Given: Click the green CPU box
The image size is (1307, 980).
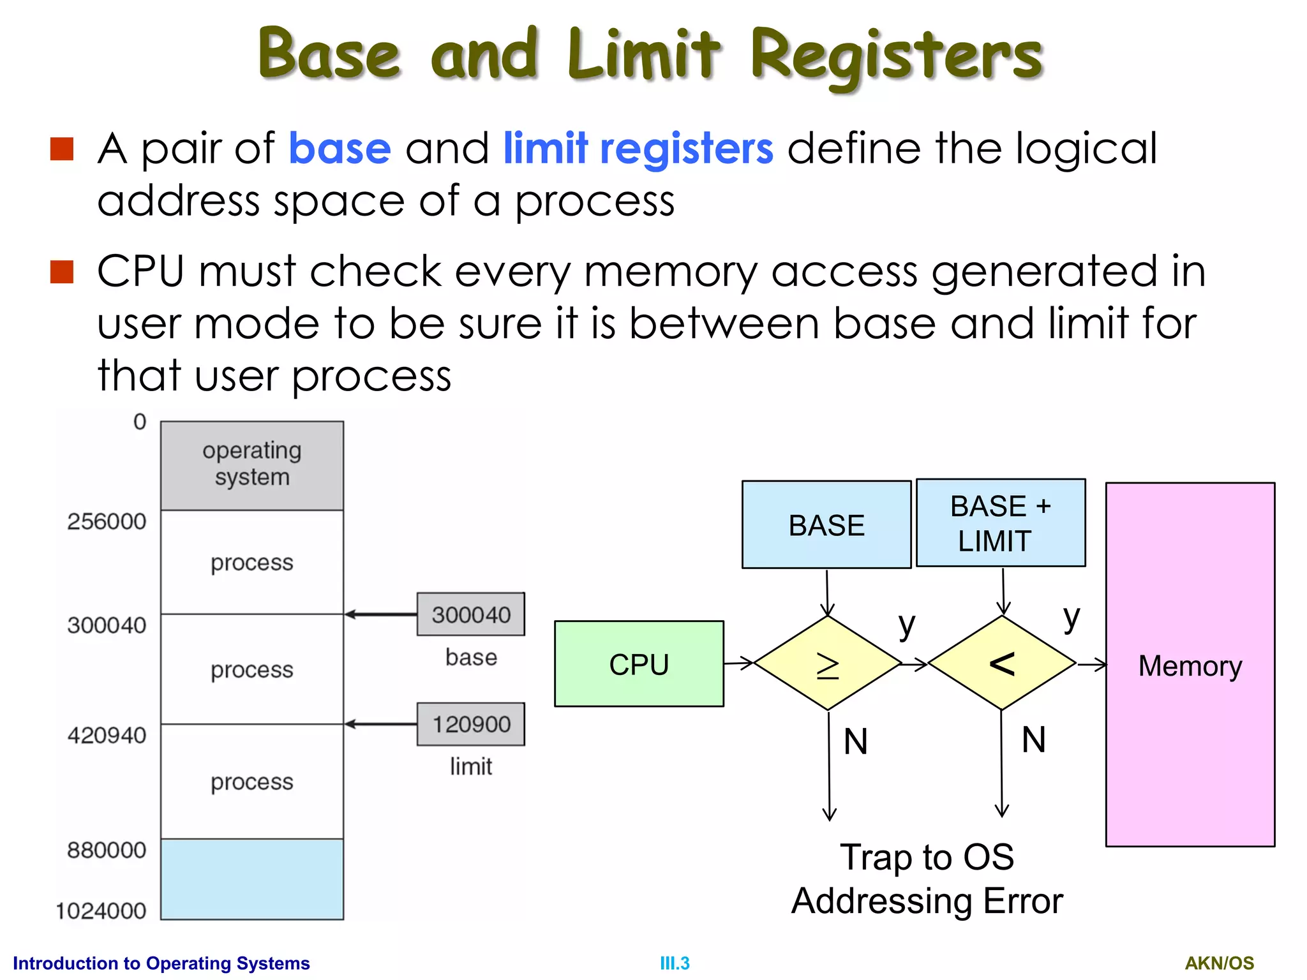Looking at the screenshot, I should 639,664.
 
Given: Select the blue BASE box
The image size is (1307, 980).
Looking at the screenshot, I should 826,524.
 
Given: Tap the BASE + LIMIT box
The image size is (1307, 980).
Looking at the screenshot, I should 1000,523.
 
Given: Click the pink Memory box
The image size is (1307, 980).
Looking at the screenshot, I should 1190,665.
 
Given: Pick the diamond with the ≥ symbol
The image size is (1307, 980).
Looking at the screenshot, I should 828,664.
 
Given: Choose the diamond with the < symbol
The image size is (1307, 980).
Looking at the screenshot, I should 1002,664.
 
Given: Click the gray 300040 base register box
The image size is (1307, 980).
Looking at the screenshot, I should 471,614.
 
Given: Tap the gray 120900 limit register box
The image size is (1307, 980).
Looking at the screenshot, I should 471,724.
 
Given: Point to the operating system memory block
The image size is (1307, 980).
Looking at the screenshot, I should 252,464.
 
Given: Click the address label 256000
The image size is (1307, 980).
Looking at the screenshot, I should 107,521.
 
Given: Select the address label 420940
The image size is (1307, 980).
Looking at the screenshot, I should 107,735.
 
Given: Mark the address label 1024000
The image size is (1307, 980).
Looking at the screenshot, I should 101,910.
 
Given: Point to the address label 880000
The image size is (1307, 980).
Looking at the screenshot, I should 107,850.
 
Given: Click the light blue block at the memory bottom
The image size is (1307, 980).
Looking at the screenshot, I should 252,879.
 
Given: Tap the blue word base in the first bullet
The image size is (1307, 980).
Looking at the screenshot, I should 340,149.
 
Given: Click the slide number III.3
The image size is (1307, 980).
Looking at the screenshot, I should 675,963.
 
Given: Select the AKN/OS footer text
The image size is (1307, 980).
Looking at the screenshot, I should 1219,963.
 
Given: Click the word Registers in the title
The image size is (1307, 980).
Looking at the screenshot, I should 896,56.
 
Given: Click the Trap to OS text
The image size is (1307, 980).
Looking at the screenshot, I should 927,857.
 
